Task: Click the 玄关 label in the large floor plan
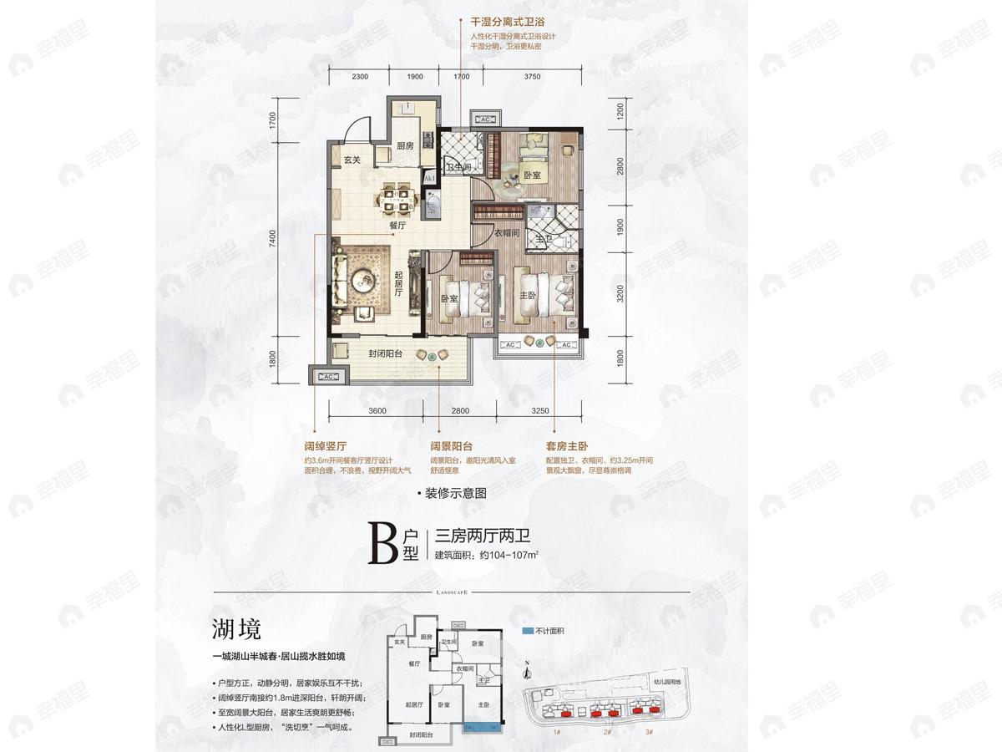(352, 160)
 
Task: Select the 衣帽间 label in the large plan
(506, 233)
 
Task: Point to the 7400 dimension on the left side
(272, 241)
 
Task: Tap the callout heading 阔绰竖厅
(326, 447)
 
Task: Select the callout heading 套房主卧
(565, 447)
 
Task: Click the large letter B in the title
(383, 542)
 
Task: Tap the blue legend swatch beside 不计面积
(527, 631)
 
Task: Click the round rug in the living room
(365, 280)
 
